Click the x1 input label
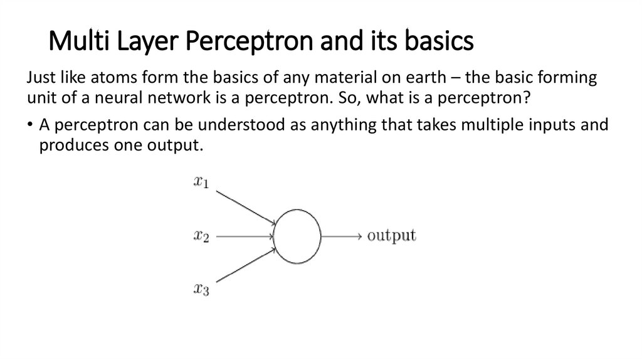click(x=201, y=183)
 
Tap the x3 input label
click(x=201, y=290)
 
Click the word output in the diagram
click(x=391, y=236)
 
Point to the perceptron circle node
click(x=298, y=236)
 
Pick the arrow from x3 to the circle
click(x=245, y=265)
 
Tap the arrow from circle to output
click(x=342, y=236)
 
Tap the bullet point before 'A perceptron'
click(x=30, y=125)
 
